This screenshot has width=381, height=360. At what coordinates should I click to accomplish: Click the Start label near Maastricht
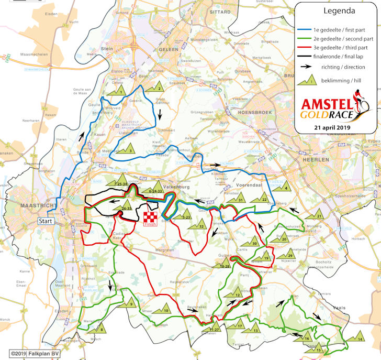(46, 222)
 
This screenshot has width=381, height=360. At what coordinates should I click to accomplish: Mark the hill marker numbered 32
(200, 225)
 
